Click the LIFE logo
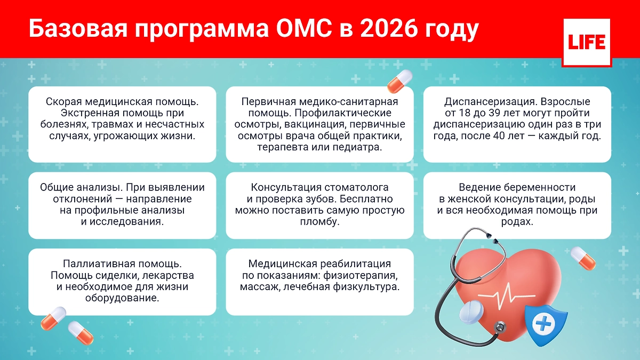click(587, 43)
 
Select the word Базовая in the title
click(78, 29)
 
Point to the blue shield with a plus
click(546, 325)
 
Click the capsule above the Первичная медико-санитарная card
click(399, 82)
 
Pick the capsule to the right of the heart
click(583, 258)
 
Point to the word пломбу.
click(319, 222)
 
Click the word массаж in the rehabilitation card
click(260, 287)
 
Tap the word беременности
click(540, 187)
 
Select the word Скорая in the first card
click(63, 102)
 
